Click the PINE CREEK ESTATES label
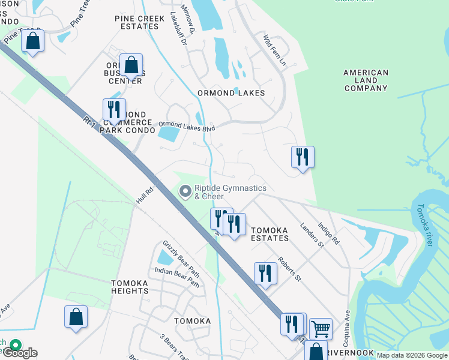point(139,23)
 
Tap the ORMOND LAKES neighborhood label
point(231,93)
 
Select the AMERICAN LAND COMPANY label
point(366,80)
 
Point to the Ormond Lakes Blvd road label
point(186,127)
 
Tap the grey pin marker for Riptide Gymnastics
point(185,191)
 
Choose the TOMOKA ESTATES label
point(270,234)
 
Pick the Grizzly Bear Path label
point(181,255)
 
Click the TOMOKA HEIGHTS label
point(130,287)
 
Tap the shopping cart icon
point(321,328)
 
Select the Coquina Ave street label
point(346,328)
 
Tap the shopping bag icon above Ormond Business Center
point(131,64)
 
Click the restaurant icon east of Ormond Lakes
point(303,157)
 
